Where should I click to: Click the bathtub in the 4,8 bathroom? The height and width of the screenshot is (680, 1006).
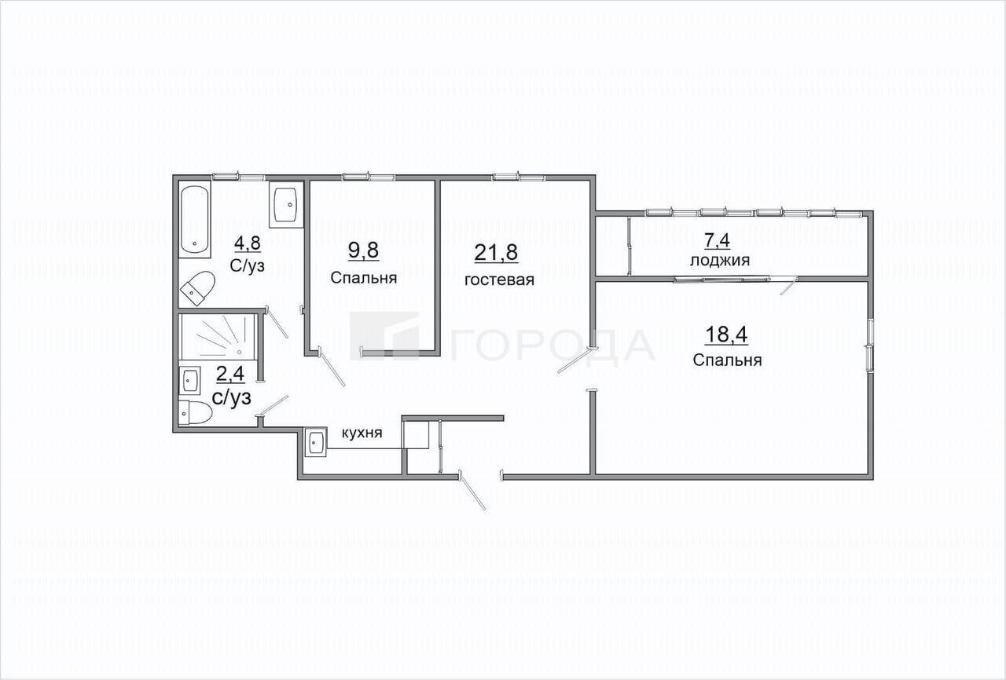pyautogui.click(x=195, y=219)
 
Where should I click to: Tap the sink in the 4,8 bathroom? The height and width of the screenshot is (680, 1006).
pyautogui.click(x=286, y=204)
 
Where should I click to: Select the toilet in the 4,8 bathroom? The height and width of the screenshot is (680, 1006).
pyautogui.click(x=197, y=288)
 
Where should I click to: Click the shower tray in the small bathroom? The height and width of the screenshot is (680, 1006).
pyautogui.click(x=218, y=336)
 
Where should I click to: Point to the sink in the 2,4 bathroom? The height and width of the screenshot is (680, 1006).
pyautogui.click(x=189, y=380)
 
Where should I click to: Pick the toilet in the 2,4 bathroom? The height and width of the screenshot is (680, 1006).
pyautogui.click(x=195, y=413)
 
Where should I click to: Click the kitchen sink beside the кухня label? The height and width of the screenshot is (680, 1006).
pyautogui.click(x=316, y=442)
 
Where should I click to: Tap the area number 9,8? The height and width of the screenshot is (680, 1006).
pyautogui.click(x=363, y=250)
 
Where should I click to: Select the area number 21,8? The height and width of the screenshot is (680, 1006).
pyautogui.click(x=496, y=253)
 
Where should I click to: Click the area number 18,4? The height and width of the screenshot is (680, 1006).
pyautogui.click(x=727, y=335)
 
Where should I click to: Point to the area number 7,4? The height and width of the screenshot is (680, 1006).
pyautogui.click(x=717, y=241)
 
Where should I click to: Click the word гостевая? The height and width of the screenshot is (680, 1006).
pyautogui.click(x=499, y=280)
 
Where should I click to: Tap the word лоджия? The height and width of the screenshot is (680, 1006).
pyautogui.click(x=720, y=261)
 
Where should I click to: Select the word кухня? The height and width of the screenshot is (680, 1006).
pyautogui.click(x=362, y=433)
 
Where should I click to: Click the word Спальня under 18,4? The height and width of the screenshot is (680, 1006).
pyautogui.click(x=727, y=360)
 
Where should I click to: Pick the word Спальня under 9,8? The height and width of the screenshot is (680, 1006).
pyautogui.click(x=364, y=278)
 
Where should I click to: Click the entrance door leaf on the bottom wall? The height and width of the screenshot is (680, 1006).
pyautogui.click(x=472, y=492)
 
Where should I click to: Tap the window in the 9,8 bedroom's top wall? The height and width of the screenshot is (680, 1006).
pyautogui.click(x=369, y=177)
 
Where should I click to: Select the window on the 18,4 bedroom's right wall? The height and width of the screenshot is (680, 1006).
pyautogui.click(x=870, y=345)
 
